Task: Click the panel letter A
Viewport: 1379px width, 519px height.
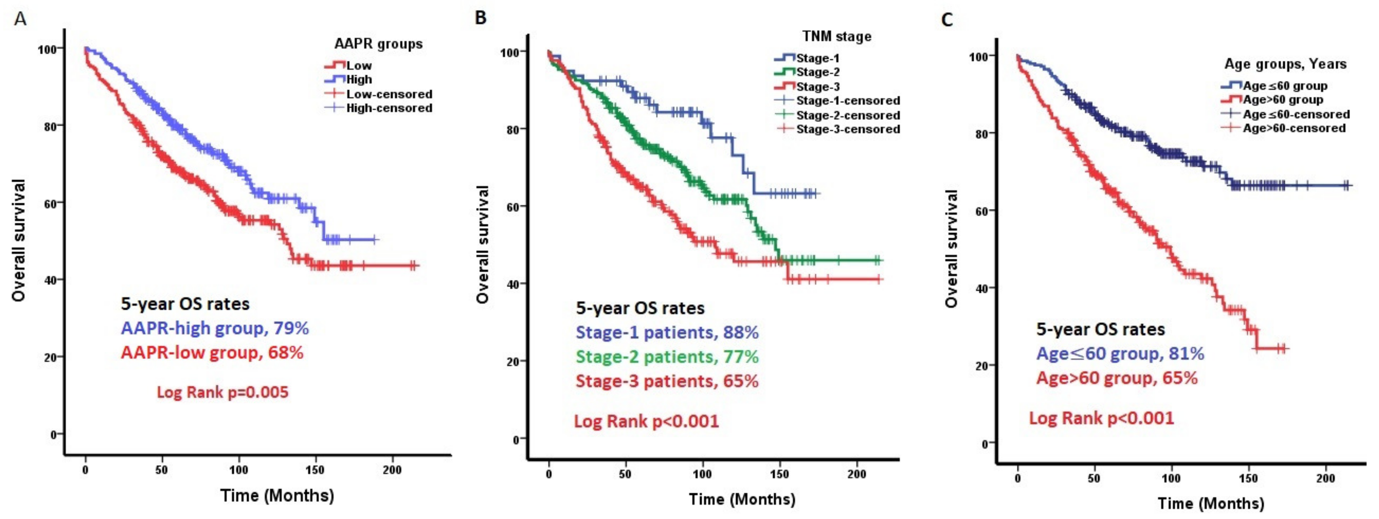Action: tap(20, 19)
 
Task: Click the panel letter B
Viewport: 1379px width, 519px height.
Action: tap(481, 18)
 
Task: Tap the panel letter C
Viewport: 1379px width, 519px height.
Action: tap(947, 20)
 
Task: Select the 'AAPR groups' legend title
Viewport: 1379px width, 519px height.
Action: tap(378, 44)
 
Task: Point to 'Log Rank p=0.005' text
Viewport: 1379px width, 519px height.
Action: tap(223, 392)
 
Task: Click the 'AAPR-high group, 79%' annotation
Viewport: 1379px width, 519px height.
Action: tap(215, 328)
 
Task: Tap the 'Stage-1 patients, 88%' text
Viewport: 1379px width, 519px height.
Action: tap(667, 333)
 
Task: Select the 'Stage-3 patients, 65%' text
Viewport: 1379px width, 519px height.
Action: tap(667, 381)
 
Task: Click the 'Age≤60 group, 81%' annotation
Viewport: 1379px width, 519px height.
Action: tap(1120, 353)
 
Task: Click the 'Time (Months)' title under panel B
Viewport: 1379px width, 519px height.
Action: tap(742, 499)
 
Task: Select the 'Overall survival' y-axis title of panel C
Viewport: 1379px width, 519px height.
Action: tap(951, 248)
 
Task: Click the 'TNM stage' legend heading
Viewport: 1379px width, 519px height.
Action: tap(837, 36)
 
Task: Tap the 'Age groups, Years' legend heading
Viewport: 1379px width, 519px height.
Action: tap(1285, 64)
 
